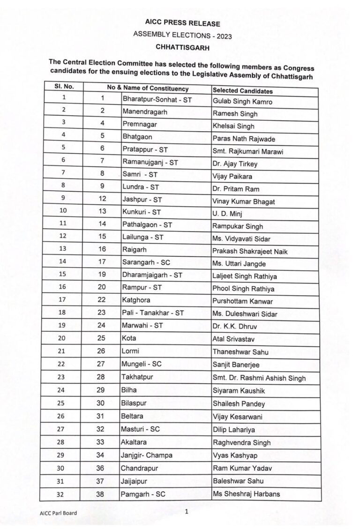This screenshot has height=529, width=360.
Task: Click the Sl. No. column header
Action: [x=64, y=87]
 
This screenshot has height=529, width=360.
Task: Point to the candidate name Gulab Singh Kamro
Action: [x=242, y=102]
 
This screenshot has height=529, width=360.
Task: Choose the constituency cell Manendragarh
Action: [x=145, y=112]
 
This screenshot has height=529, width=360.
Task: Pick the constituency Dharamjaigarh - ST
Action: [x=152, y=275]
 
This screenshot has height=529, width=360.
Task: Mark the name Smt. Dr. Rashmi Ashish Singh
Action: [x=259, y=378]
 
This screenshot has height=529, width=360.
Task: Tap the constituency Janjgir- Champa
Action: [x=147, y=455]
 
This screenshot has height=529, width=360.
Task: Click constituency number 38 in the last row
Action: [x=102, y=493]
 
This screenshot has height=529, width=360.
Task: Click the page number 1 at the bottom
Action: [x=186, y=512]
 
